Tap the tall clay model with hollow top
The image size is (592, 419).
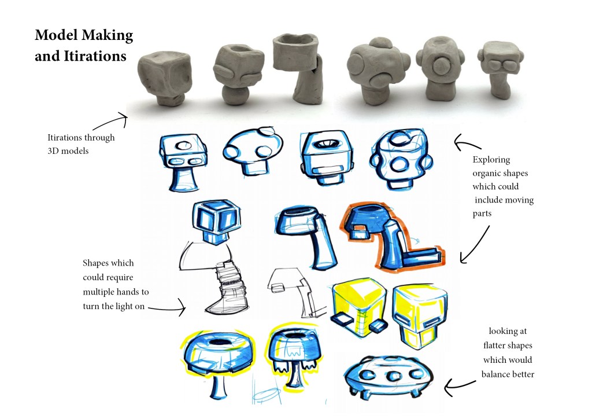point(298,68)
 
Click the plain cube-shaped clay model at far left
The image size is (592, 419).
point(164,79)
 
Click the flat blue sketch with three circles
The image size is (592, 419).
point(388,377)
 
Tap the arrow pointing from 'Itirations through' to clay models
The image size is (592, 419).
point(109,121)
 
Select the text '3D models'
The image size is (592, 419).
point(68,150)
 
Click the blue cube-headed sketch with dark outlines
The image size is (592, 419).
point(216,222)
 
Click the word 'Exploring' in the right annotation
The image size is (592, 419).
point(491,160)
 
